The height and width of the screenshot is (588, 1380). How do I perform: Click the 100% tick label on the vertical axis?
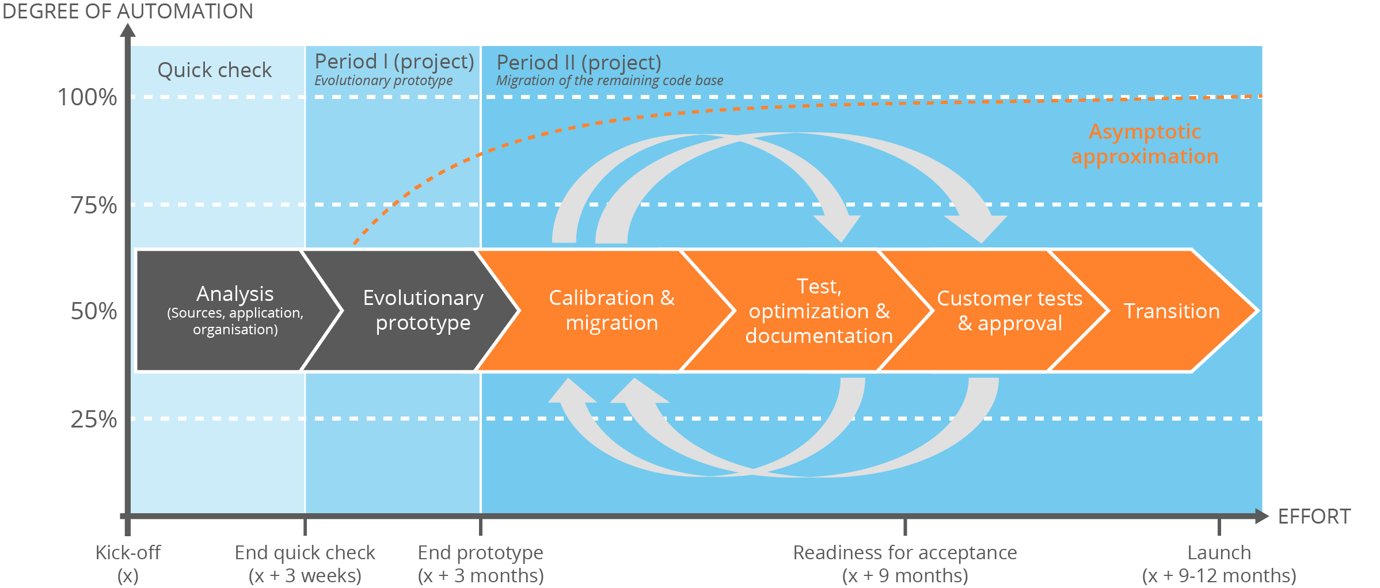87,97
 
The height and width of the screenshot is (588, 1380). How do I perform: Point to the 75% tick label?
93,205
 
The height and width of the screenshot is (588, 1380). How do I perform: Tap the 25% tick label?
93,419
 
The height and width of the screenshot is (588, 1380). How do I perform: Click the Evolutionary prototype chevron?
423,310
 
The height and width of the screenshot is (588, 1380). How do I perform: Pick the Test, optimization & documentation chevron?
818,311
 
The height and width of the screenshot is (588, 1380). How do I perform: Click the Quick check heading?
214,70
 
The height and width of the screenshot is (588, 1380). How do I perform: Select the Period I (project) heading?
394,62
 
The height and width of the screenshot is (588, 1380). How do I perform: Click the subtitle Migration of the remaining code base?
610,81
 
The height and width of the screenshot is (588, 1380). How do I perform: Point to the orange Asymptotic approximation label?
1145,144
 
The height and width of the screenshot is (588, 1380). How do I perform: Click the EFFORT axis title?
1314,516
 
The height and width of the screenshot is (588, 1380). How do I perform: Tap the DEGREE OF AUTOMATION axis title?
127,11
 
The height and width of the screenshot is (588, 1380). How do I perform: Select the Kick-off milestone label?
128,563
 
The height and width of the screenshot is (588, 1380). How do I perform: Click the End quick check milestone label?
305,563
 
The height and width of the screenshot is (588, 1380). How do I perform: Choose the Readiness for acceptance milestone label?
904,563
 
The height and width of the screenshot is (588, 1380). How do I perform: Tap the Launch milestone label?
1219,563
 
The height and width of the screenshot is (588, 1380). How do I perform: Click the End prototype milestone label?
480,563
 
